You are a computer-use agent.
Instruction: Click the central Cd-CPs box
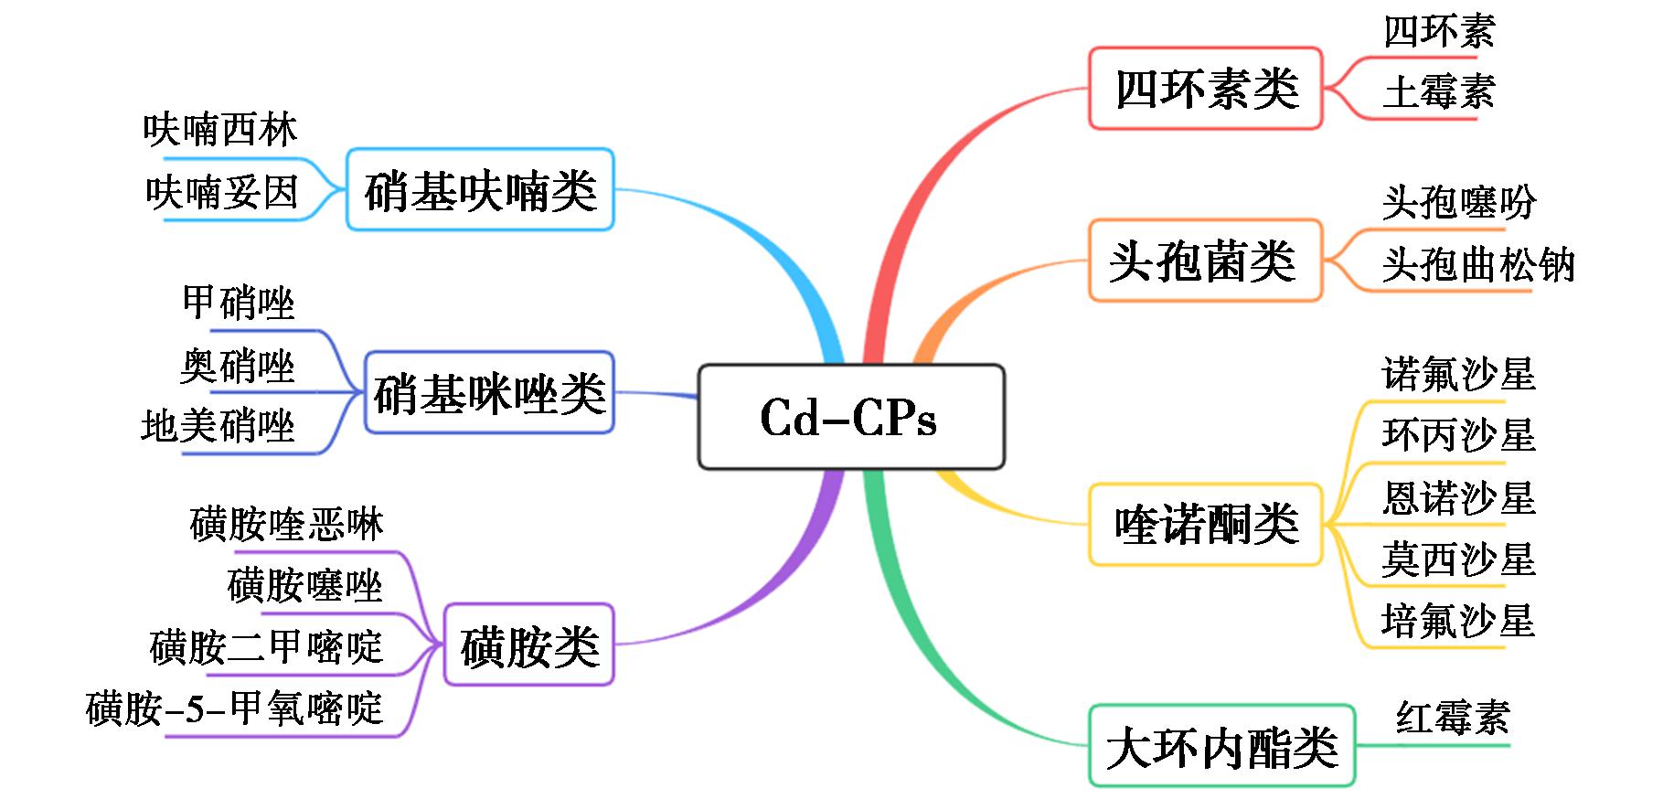(850, 417)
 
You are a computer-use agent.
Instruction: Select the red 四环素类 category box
(1205, 89)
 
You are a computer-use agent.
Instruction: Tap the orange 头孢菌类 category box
(1204, 261)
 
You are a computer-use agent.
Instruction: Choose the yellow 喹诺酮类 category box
(1205, 524)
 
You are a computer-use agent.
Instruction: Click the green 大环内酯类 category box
(1221, 745)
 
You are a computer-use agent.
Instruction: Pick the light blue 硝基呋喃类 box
(480, 189)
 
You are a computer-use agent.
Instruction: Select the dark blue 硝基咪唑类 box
(489, 392)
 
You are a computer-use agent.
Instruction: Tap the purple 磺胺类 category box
(528, 645)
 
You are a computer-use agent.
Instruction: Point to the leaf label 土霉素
(1438, 92)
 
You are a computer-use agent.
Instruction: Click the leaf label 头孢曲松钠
(1477, 265)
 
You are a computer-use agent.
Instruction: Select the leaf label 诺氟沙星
(1458, 374)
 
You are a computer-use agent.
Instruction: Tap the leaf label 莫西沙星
(1458, 559)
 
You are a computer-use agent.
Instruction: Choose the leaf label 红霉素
(1453, 717)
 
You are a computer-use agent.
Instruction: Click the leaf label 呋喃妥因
(222, 192)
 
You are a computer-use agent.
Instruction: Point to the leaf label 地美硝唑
(219, 426)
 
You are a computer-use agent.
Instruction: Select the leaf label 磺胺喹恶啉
(287, 525)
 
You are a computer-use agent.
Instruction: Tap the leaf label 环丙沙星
(1458, 435)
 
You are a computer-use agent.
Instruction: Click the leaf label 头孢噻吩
(1458, 203)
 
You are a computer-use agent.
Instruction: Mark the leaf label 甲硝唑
(239, 303)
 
